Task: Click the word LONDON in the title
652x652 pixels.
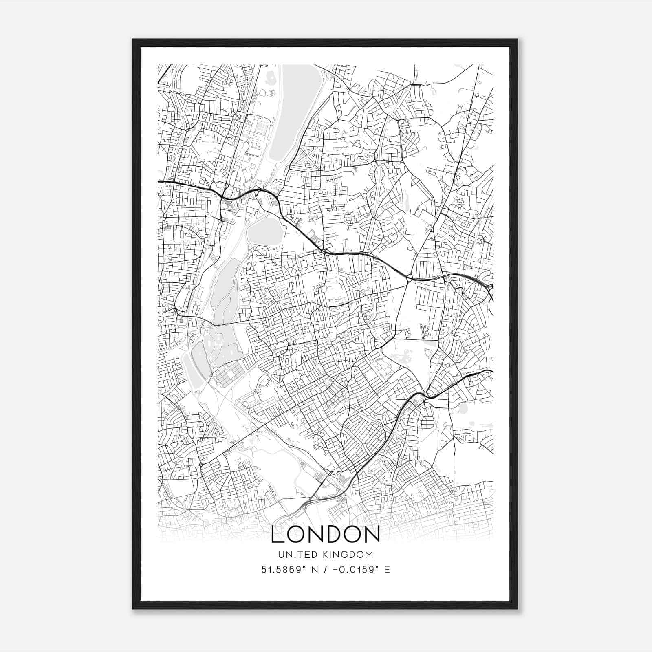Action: pyautogui.click(x=325, y=535)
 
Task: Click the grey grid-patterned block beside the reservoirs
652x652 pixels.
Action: pyautogui.click(x=230, y=375)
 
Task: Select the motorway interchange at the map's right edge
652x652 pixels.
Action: pyautogui.click(x=489, y=287)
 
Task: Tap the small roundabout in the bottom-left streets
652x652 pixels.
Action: pyautogui.click(x=200, y=465)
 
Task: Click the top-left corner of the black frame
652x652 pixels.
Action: pyautogui.click(x=133, y=40)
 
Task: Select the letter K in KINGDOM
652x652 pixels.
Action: pyautogui.click(x=327, y=555)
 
